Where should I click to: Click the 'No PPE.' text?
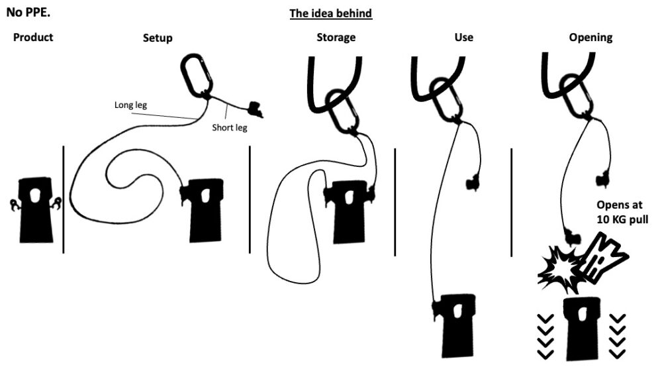[x=28, y=12]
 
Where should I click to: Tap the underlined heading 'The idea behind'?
[x=330, y=13]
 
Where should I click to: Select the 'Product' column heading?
[x=33, y=37]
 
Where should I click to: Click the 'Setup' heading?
[x=158, y=38]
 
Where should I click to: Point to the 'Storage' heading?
[x=336, y=38]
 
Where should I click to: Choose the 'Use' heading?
[x=463, y=37]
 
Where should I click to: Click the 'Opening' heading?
[x=591, y=38]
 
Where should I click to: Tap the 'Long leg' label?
[x=130, y=105]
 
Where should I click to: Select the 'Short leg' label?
[x=229, y=128]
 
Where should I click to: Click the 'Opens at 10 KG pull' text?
[x=622, y=212]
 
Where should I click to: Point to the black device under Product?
[x=36, y=210]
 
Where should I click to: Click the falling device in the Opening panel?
[x=582, y=329]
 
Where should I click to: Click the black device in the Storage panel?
[x=349, y=211]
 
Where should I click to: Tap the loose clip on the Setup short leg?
[x=256, y=109]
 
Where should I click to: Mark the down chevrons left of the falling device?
[x=545, y=337]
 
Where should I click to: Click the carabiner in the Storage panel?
[x=343, y=111]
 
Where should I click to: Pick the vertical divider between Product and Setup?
[x=64, y=199]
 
